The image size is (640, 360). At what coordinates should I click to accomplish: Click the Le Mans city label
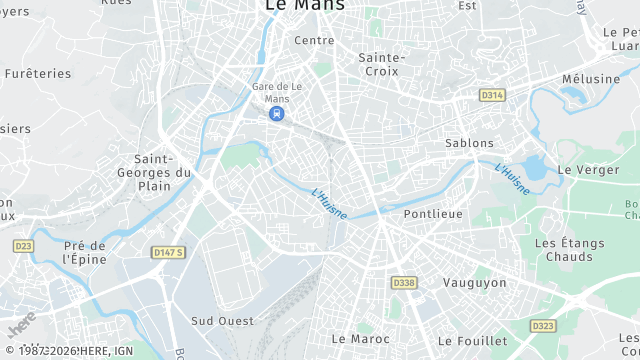304,6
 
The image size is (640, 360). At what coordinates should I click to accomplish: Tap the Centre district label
314,41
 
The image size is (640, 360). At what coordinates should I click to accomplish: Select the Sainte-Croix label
381,64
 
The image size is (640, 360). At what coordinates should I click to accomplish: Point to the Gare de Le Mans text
275,91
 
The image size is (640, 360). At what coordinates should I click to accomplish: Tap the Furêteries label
38,74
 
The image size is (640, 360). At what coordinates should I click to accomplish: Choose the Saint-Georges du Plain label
162,172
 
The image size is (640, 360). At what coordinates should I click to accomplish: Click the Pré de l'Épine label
84,252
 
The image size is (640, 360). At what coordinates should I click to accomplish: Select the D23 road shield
23,246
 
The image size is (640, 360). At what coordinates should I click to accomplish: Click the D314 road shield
491,95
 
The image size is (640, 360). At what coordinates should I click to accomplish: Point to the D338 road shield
404,283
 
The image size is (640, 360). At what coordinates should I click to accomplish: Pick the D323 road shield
543,326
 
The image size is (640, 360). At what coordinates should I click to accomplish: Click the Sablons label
469,143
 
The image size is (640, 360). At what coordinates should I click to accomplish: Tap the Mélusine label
589,78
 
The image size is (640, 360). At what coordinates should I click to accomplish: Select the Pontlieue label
432,214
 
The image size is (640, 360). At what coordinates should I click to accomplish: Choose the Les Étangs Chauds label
570,250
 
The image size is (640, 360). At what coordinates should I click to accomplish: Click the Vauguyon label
474,283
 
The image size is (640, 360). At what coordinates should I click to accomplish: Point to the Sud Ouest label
222,321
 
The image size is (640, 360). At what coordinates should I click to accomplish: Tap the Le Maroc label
360,339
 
